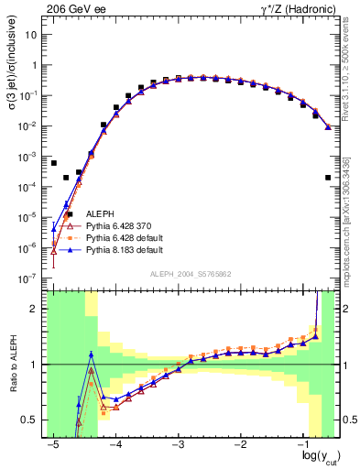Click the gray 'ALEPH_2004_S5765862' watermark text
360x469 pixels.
tap(190, 274)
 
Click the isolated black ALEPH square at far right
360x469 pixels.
tap(328, 178)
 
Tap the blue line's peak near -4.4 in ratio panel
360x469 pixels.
tap(91, 354)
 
